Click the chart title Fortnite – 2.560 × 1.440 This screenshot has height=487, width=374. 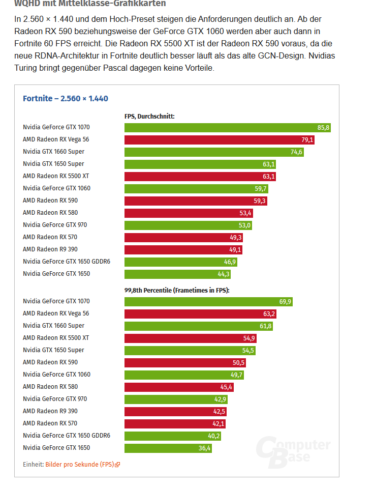tap(65, 98)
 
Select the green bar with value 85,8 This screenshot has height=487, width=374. tap(227, 127)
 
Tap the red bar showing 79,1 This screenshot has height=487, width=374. tap(219, 139)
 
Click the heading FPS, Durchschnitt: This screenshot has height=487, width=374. tap(149, 116)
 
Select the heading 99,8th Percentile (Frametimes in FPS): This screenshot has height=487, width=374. tap(177, 290)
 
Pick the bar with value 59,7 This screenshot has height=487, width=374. tap(196, 188)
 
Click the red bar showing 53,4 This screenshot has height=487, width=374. tap(188, 213)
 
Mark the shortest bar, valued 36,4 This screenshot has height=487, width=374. tap(168, 448)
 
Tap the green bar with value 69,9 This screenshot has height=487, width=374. tap(208, 301)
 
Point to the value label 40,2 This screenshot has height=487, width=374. tap(213, 436)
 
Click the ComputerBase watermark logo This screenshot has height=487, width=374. tap(293, 450)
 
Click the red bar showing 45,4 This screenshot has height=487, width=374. tap(179, 387)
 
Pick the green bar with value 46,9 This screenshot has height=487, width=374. tap(180, 262)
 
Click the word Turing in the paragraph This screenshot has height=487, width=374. tap(28, 67)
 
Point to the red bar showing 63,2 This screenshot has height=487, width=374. tap(200, 313)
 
